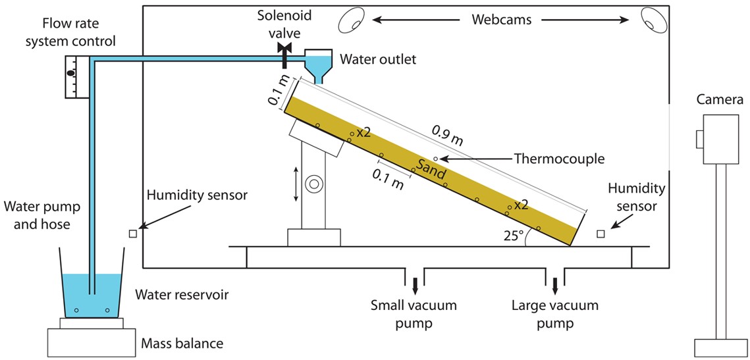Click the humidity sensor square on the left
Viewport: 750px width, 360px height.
(132, 233)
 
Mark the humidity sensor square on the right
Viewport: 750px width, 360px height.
(601, 234)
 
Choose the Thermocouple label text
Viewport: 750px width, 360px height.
(558, 158)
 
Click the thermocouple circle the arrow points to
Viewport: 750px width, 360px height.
(435, 158)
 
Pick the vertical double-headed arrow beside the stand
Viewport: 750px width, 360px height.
(296, 184)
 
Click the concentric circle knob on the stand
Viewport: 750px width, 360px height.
(314, 184)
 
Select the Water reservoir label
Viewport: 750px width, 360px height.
(182, 295)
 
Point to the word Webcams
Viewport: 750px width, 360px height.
(502, 20)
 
